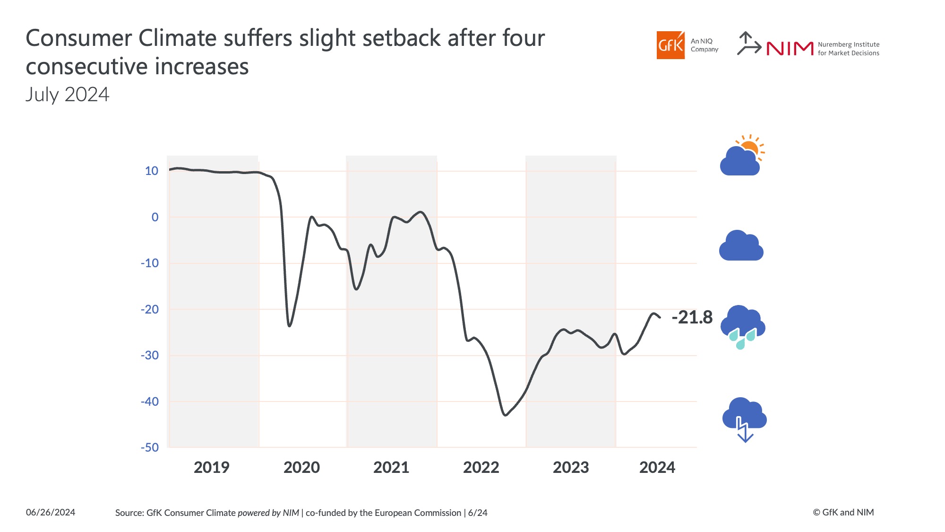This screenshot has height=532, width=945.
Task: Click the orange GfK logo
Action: [x=670, y=45]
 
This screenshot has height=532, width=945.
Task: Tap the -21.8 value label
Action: [x=692, y=317]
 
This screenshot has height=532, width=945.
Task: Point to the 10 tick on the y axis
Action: [x=152, y=171]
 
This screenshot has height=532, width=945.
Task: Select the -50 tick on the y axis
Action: [x=150, y=447]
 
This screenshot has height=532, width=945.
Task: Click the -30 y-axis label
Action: [x=150, y=355]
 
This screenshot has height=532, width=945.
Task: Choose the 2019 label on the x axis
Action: [x=211, y=467]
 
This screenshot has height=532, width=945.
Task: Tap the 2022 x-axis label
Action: [x=481, y=467]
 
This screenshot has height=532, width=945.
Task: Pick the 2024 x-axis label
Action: [x=657, y=467]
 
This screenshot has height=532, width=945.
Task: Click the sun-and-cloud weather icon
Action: [x=742, y=156]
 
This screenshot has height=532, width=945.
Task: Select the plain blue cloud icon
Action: [x=741, y=246]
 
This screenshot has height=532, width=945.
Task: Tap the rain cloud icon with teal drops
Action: [x=742, y=327]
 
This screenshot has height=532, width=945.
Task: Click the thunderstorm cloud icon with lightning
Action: [x=744, y=418]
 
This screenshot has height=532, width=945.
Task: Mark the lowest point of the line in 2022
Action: [x=505, y=415]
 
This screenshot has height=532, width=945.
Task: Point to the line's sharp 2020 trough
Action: [x=289, y=326]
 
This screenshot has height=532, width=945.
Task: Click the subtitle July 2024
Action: [x=68, y=95]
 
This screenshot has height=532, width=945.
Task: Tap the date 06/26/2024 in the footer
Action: [x=51, y=513]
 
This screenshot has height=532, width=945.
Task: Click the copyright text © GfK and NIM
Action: [x=843, y=513]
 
